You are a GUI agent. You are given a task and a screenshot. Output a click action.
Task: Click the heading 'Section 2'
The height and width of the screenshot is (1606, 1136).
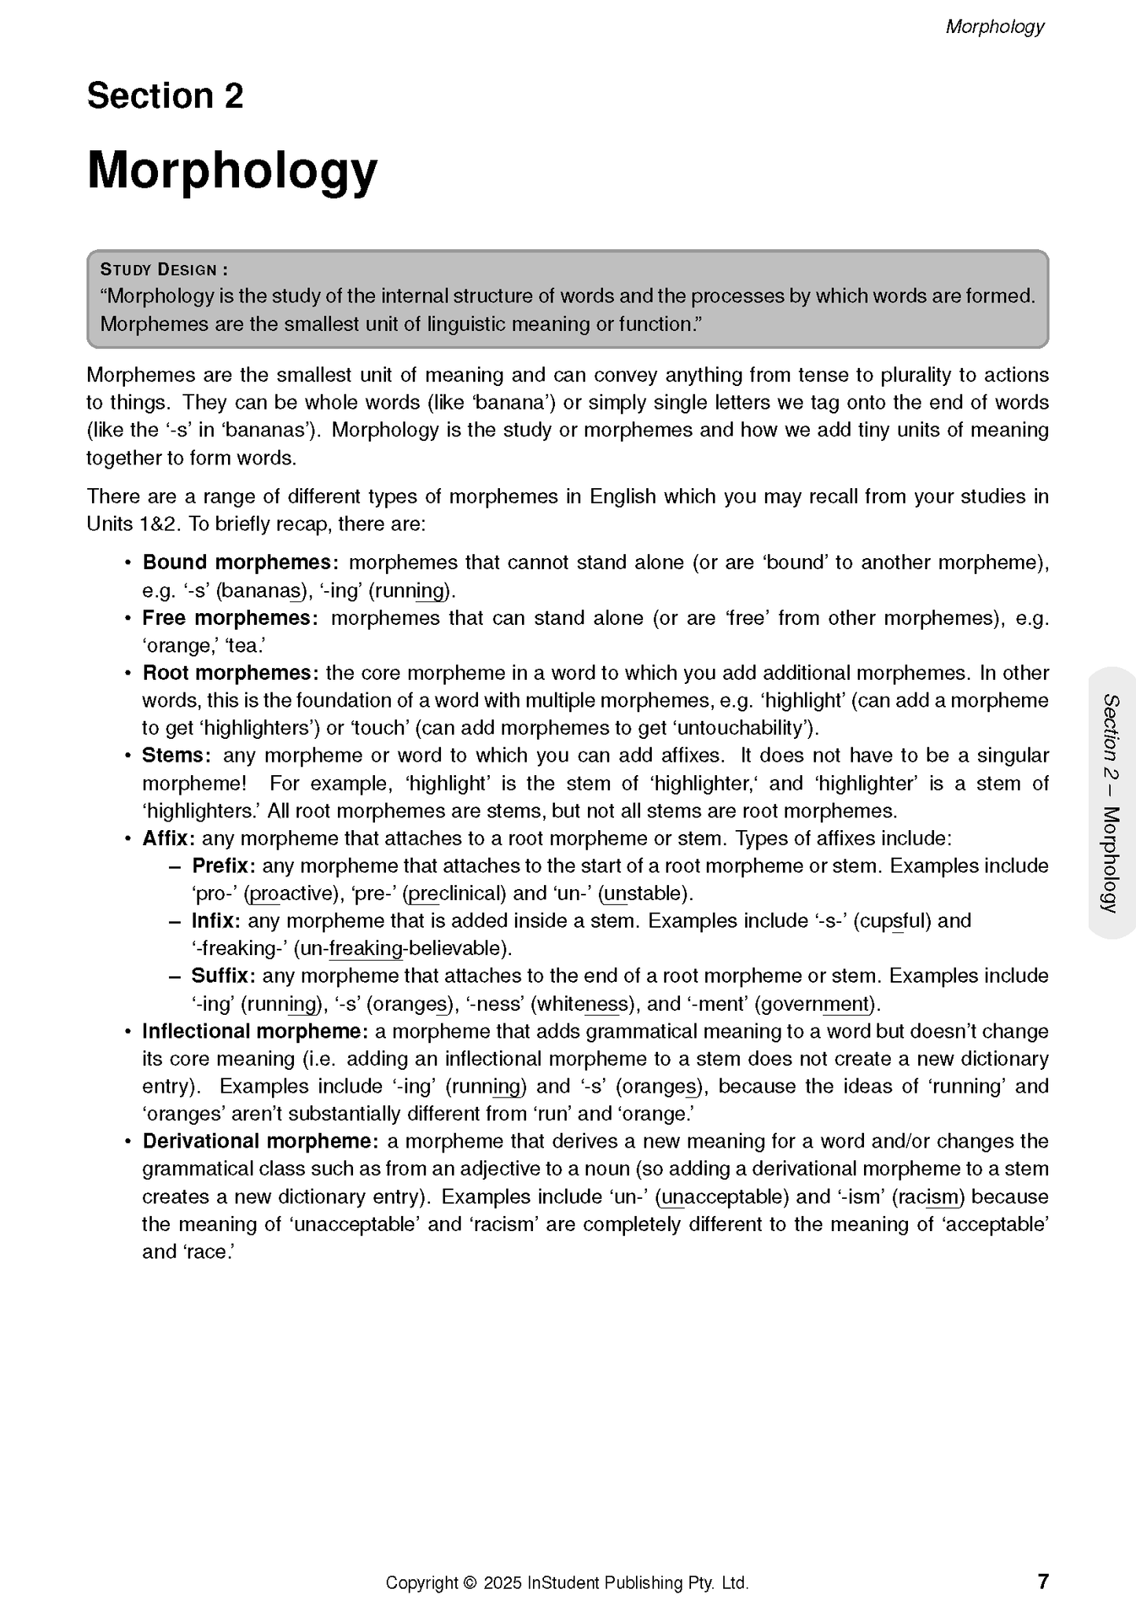pyautogui.click(x=165, y=96)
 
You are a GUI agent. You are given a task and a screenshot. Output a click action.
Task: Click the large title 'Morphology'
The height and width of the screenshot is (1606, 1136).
pyautogui.click(x=232, y=170)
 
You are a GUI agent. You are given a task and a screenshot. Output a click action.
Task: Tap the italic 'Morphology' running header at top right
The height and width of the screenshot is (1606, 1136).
pyautogui.click(x=994, y=27)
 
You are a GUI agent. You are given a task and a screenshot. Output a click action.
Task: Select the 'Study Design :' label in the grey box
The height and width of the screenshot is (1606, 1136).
pyautogui.click(x=164, y=270)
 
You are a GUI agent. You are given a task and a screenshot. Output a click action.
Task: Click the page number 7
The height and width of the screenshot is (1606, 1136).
pyautogui.click(x=1043, y=1581)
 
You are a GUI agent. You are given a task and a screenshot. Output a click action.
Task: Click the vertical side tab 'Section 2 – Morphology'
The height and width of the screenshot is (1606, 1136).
pyautogui.click(x=1111, y=803)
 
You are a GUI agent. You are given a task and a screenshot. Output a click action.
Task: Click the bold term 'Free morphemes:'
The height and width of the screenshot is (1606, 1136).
pyautogui.click(x=230, y=618)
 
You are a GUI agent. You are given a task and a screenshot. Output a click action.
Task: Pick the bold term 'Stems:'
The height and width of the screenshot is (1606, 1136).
pyautogui.click(x=177, y=755)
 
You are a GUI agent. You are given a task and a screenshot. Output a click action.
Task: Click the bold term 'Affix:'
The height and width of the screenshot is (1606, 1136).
pyautogui.click(x=168, y=838)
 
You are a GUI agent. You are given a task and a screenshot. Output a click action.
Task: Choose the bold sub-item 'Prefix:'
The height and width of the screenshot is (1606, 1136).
pyautogui.click(x=223, y=865)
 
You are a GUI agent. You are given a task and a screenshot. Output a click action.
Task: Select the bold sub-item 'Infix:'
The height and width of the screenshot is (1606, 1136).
pyautogui.click(x=216, y=921)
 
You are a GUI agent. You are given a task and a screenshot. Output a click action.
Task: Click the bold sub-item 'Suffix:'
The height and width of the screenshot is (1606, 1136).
pyautogui.click(x=223, y=976)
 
